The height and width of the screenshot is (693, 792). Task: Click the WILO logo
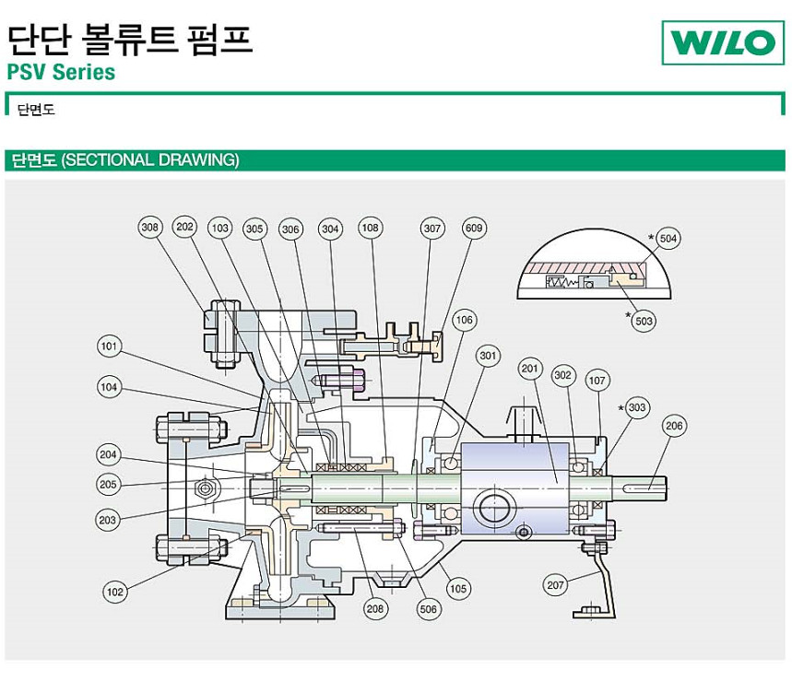click(x=722, y=41)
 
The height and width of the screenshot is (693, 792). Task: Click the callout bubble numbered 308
click(x=150, y=228)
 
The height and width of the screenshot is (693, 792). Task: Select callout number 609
click(x=474, y=228)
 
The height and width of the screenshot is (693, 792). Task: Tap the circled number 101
click(x=110, y=346)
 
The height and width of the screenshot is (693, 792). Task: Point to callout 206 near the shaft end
click(x=675, y=426)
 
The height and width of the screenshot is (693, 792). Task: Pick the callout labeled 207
click(x=555, y=585)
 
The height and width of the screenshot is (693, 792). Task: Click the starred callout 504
click(x=668, y=240)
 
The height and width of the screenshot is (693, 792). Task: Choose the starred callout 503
click(x=644, y=321)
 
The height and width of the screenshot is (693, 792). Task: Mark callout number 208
click(x=375, y=608)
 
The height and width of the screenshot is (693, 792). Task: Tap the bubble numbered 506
click(x=429, y=608)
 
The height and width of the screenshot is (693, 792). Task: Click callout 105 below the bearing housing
click(x=458, y=588)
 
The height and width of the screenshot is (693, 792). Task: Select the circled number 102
click(x=114, y=593)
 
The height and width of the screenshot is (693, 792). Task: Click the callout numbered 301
click(x=488, y=356)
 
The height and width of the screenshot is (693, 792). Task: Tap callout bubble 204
click(x=109, y=454)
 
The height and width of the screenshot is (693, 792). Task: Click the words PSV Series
click(x=61, y=71)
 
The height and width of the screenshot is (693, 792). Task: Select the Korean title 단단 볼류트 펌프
click(x=129, y=38)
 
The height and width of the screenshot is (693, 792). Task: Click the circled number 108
click(x=371, y=228)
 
